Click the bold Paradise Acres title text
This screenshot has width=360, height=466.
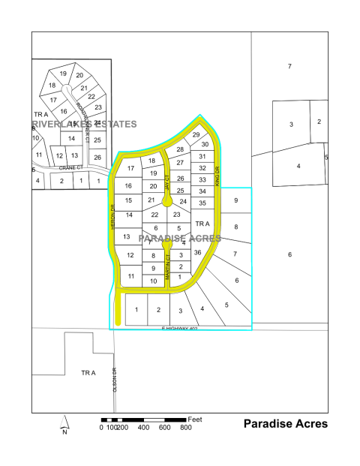click(x=285, y=424)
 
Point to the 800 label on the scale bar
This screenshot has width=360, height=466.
click(x=185, y=427)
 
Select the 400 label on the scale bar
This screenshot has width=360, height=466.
click(x=143, y=427)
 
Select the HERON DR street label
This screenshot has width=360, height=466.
click(x=112, y=218)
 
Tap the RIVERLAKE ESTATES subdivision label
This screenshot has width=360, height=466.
click(x=85, y=123)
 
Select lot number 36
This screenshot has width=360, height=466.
click(x=197, y=252)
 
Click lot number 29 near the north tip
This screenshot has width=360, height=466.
click(x=196, y=134)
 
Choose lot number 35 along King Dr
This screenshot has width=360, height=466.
click(x=202, y=203)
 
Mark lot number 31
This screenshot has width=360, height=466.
click(x=202, y=156)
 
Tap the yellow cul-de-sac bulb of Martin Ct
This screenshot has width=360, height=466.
click(x=167, y=244)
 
